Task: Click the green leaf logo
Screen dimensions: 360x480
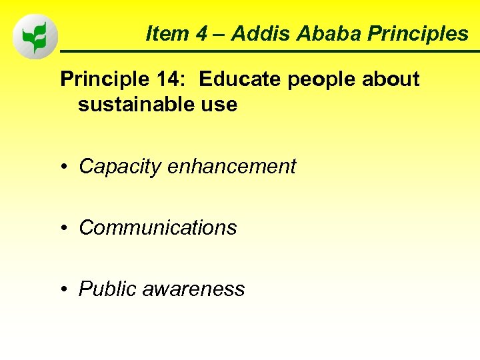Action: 35,36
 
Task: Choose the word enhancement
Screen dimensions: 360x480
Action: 231,166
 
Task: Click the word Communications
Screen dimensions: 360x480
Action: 158,228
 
